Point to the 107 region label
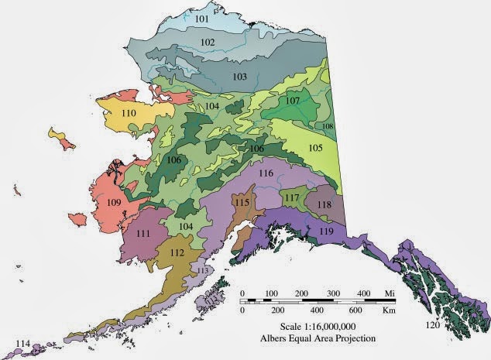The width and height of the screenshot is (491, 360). pyautogui.click(x=292, y=101)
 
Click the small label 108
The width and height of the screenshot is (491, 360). pyautogui.click(x=328, y=125)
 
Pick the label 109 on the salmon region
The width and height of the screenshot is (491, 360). pyautogui.click(x=114, y=203)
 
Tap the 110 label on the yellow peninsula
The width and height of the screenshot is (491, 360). pyautogui.click(x=129, y=114)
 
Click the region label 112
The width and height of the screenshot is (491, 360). pyautogui.click(x=177, y=252)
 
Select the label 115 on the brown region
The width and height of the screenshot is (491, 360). pyautogui.click(x=242, y=202)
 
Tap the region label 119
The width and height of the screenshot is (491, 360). pyautogui.click(x=327, y=231)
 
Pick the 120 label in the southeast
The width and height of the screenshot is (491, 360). pyautogui.click(x=433, y=326)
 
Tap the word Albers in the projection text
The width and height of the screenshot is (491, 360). pyautogui.click(x=280, y=339)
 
